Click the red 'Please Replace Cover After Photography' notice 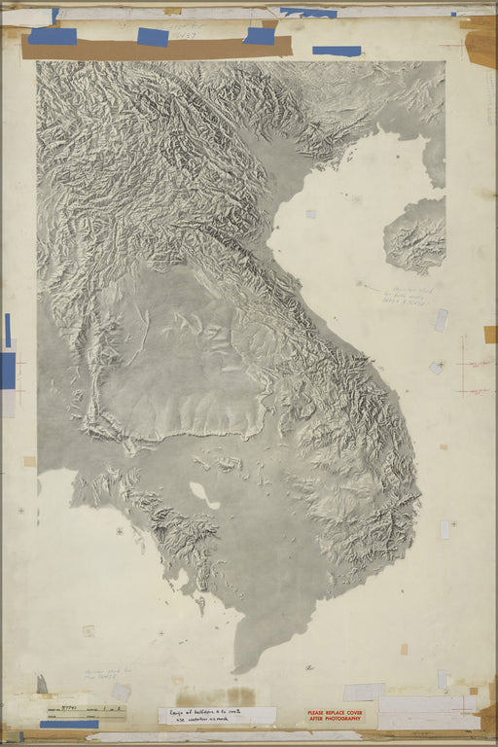point(335,718)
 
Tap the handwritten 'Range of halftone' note point(216,715)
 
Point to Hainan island point(416,235)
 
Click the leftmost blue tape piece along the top point(53,36)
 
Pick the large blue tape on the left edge point(8,371)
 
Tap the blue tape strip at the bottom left point(68,724)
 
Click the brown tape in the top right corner point(480,43)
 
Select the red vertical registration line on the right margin point(465,366)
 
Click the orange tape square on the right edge point(489,334)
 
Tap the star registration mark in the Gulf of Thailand point(120,532)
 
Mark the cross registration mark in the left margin point(20,510)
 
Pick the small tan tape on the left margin point(29,461)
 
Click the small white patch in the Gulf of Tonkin point(310,213)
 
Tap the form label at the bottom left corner point(83,712)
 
